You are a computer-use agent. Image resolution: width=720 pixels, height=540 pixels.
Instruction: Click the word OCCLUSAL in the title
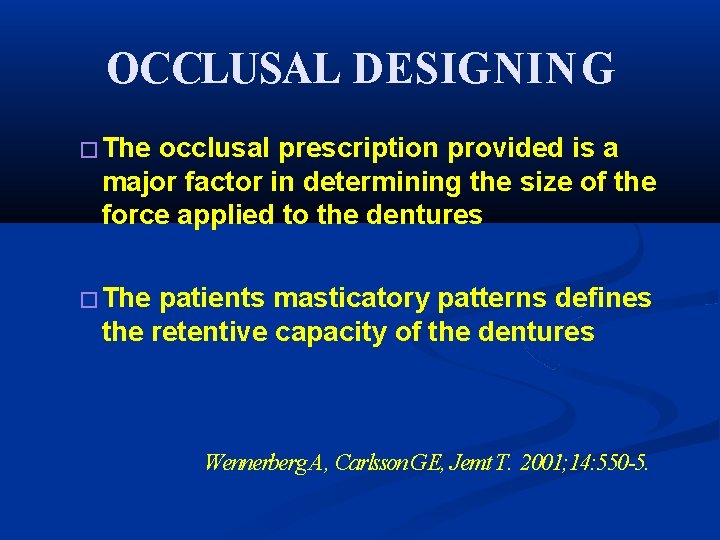pyautogui.click(x=224, y=68)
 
